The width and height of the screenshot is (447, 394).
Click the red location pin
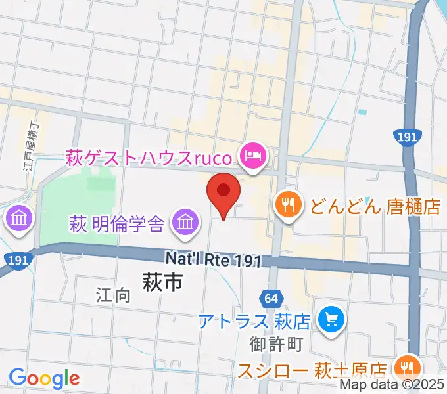click(x=223, y=192)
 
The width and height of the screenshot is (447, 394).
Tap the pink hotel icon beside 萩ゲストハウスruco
click(x=252, y=156)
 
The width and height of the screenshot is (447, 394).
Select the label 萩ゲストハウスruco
click(x=149, y=158)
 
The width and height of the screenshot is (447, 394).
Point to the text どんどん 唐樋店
click(x=375, y=207)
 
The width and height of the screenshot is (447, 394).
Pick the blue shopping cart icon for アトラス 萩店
click(x=327, y=319)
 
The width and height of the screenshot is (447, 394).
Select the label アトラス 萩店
click(x=255, y=322)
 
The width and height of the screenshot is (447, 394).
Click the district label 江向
click(x=112, y=294)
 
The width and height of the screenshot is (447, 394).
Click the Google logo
click(x=44, y=378)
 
